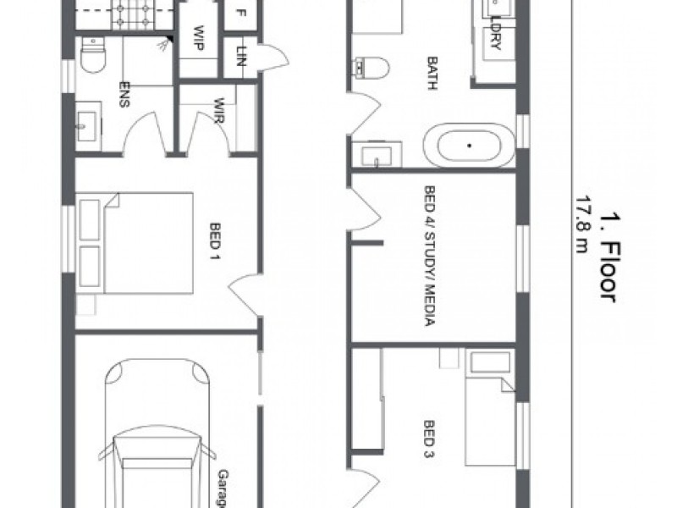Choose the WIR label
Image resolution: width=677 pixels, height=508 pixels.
[217, 111]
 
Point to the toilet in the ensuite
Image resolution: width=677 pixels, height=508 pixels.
[91, 58]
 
